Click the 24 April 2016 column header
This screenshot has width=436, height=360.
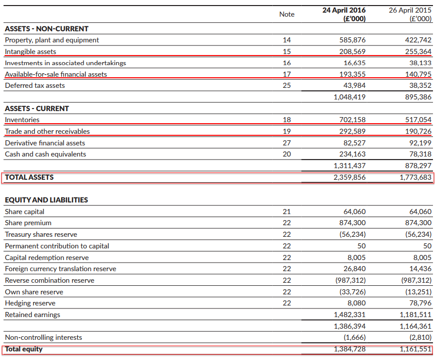coord(344,14)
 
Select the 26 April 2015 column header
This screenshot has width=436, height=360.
coord(410,14)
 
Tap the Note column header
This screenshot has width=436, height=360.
coord(286,14)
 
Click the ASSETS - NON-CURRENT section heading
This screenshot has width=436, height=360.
coord(46,29)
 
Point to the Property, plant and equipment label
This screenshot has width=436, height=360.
coord(52,40)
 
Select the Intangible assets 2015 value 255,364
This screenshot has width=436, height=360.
coord(418,52)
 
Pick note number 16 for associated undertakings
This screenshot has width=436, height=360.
coord(286,63)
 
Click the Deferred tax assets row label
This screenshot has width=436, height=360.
coord(35,85)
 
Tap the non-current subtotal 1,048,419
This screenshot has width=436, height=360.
coord(350,97)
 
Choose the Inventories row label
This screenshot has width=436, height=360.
coord(22,120)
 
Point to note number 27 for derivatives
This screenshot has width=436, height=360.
coord(286,143)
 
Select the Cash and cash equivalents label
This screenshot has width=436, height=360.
coord(45,154)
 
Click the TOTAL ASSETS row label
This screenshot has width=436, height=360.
coord(29,177)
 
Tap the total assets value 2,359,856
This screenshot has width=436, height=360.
coord(350,177)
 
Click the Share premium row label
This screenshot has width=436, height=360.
coord(28,223)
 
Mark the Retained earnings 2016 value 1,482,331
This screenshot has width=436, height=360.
coord(350,315)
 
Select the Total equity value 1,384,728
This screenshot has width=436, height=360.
coord(350,349)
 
